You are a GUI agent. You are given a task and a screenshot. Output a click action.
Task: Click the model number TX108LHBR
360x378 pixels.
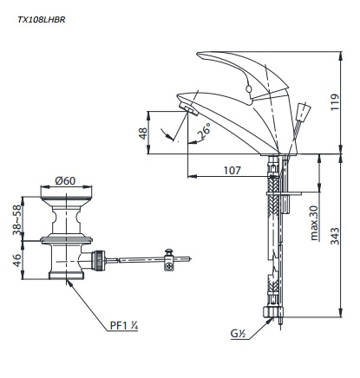pos(42,20)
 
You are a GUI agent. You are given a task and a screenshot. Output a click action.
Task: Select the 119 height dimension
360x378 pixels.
pos(335,101)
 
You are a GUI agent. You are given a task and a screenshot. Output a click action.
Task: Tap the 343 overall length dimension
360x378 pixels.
pos(335,236)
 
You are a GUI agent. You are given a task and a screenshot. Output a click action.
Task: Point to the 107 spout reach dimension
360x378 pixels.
pos(232,170)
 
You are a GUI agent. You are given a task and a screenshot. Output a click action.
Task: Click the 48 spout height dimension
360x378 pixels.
pos(143,134)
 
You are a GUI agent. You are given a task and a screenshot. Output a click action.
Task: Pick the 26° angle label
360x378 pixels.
pos(204,131)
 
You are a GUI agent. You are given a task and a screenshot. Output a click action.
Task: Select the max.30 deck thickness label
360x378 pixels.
pos(314,223)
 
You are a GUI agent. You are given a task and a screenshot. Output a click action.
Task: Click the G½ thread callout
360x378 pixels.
pos(238,334)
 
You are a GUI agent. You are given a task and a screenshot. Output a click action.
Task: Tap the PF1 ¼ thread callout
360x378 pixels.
pos(124,326)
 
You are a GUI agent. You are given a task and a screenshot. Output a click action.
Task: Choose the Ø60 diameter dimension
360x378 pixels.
pos(65,180)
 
